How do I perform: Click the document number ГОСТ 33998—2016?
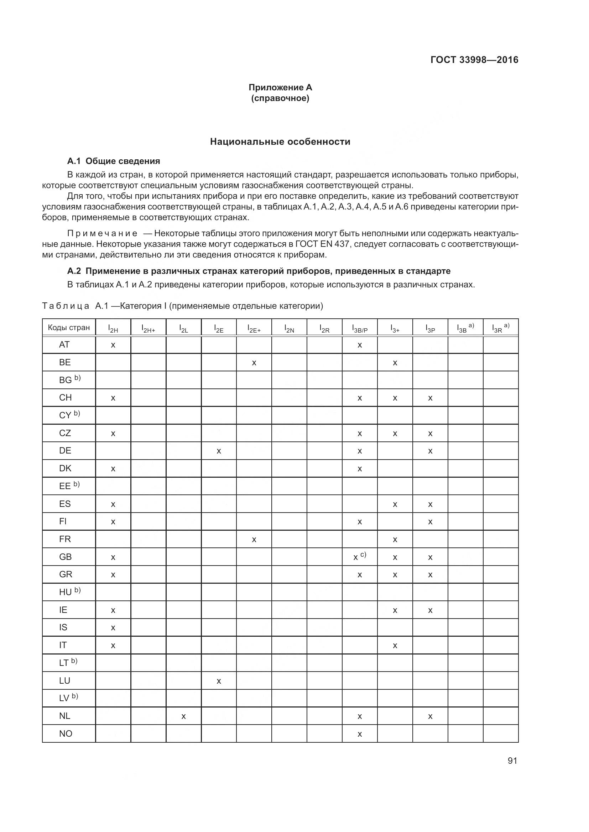(474, 60)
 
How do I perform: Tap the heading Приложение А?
(280, 88)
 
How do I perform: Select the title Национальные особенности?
(280, 142)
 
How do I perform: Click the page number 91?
(512, 761)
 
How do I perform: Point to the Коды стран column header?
(68, 328)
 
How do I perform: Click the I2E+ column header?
(254, 328)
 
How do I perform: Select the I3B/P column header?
(359, 328)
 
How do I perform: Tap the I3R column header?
(500, 328)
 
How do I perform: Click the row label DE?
(65, 451)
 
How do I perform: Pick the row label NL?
(64, 716)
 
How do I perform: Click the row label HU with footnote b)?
(69, 592)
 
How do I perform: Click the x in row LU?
(219, 681)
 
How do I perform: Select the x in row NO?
(359, 734)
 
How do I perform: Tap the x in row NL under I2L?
(183, 716)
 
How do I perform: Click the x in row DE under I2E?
(219, 451)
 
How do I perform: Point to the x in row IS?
(113, 628)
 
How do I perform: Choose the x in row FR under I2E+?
(254, 540)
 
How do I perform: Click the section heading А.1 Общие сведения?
(114, 161)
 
